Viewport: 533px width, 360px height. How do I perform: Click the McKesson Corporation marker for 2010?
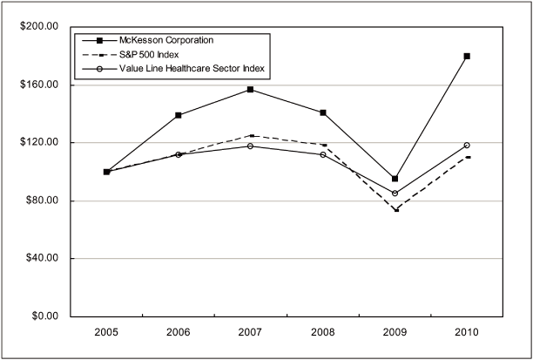pos(467,56)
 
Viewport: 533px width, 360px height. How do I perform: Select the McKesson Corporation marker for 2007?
pos(251,90)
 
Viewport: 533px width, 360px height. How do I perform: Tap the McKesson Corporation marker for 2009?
pos(395,179)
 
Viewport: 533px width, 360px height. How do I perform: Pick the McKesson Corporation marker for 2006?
pos(179,115)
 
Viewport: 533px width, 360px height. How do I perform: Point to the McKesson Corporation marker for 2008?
pos(323,112)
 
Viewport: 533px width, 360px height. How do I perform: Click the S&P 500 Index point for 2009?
pos(395,209)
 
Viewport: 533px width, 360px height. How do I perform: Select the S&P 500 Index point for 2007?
pos(251,136)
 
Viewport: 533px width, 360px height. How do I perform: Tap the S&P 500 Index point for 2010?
pos(467,157)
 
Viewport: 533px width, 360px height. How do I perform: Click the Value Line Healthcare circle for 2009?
pos(395,194)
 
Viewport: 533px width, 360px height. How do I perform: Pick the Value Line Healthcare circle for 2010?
pos(467,146)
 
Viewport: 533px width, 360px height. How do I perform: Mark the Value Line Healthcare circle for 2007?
pos(251,146)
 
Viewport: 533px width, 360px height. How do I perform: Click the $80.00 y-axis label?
pos(39,200)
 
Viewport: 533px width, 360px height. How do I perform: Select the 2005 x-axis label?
pos(107,334)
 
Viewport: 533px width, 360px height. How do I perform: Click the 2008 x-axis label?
pos(323,334)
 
